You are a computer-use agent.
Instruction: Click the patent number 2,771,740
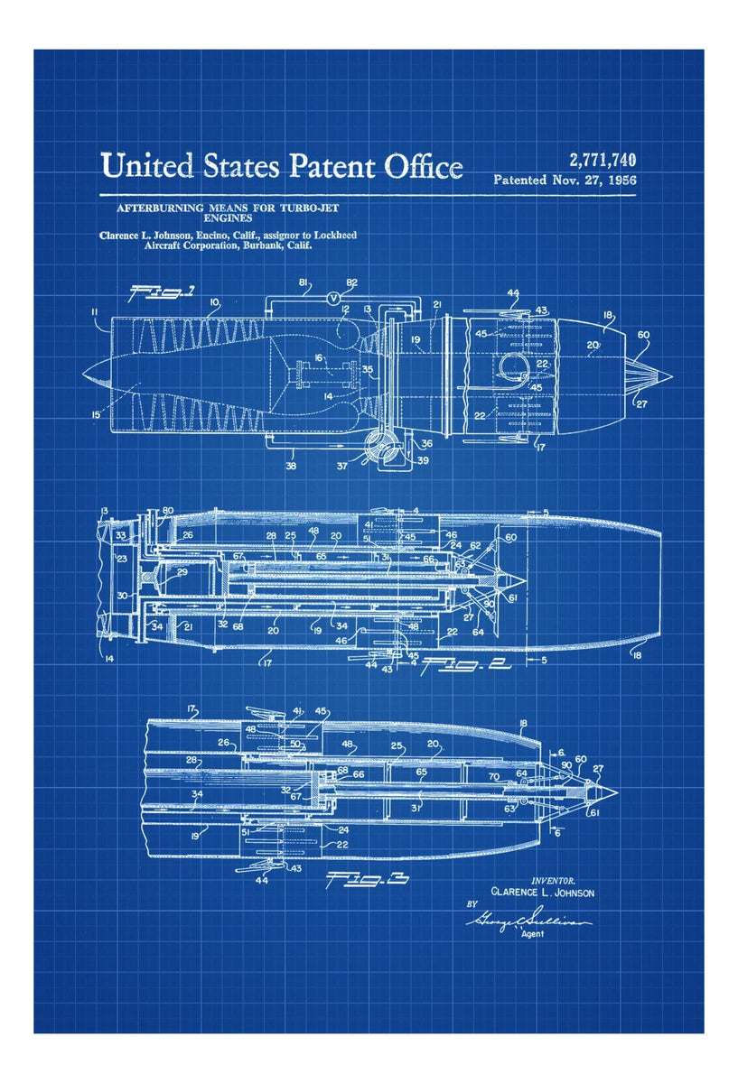click(x=602, y=161)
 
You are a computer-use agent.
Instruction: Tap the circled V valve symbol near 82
click(x=333, y=298)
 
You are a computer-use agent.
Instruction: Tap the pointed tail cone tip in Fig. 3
click(x=615, y=791)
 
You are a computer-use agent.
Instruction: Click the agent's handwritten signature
click(x=529, y=921)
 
